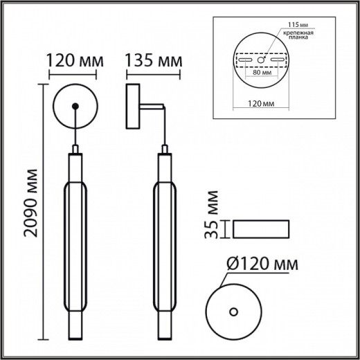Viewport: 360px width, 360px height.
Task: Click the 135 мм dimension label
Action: click(153, 62)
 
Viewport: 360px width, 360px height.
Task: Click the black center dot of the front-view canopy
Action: click(74, 105)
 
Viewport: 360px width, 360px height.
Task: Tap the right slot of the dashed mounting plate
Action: click(278, 60)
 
